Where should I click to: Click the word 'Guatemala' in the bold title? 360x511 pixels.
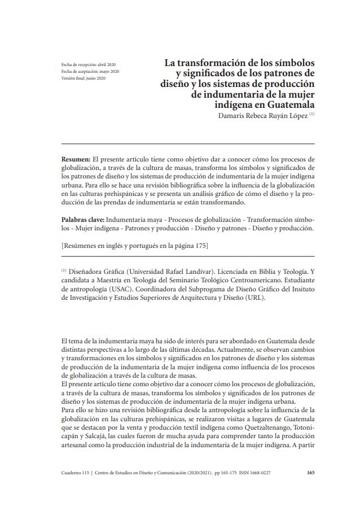coord(285,105)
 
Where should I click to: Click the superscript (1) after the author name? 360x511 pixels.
coord(311,114)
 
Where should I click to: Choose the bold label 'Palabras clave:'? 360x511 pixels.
coord(82,219)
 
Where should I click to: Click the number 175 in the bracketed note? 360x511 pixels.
coord(200,245)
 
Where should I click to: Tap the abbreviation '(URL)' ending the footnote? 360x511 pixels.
coord(253,299)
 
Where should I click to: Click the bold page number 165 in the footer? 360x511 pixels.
coord(310,473)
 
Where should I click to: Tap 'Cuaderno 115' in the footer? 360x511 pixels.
coord(76,473)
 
